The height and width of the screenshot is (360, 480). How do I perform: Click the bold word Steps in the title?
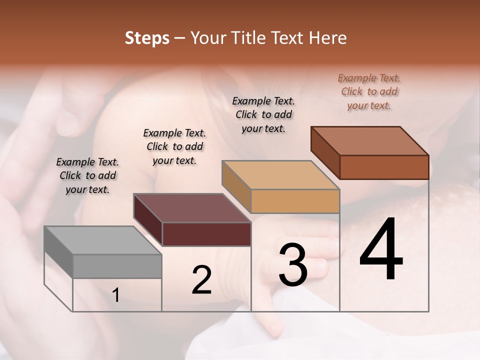(x=147, y=38)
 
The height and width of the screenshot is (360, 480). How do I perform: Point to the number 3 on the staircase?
(x=292, y=265)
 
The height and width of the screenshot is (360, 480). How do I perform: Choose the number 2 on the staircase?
(x=201, y=279)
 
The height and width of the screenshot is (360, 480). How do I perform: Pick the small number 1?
(x=116, y=295)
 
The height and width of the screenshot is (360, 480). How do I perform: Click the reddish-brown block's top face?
(x=370, y=141)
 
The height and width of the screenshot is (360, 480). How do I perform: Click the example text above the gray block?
(x=87, y=175)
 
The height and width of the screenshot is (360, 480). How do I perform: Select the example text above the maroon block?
(x=174, y=146)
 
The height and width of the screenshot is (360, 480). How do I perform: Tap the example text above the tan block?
(x=263, y=114)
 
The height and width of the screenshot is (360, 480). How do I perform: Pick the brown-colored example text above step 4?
(x=369, y=91)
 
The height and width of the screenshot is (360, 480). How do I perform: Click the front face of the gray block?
(x=117, y=266)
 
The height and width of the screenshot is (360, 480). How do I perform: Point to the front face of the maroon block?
(x=206, y=234)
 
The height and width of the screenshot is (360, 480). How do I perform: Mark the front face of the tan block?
(x=295, y=201)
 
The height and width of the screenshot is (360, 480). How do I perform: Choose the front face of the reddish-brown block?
(x=384, y=167)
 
